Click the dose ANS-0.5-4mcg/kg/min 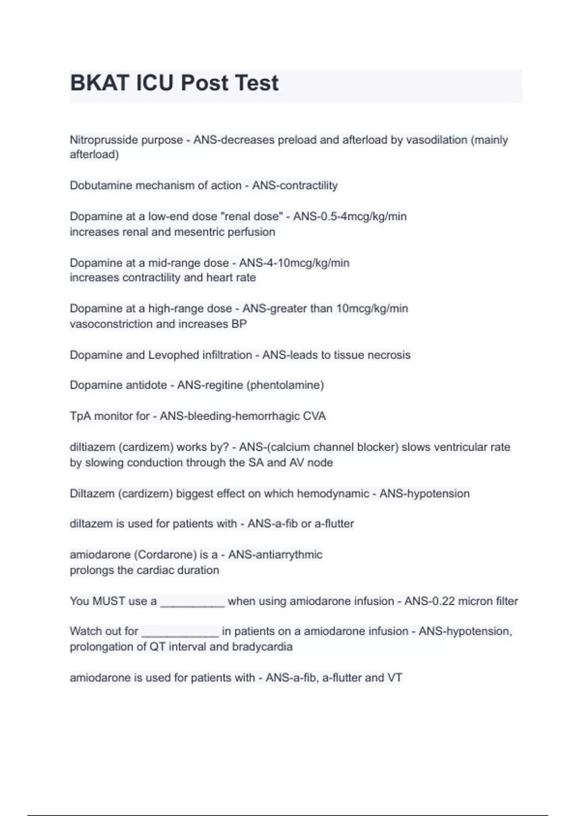pyautogui.click(x=350, y=216)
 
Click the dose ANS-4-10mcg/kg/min pyautogui.click(x=294, y=263)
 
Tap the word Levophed pyautogui.click(x=172, y=355)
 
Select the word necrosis pyautogui.click(x=389, y=355)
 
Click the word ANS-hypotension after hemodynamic pyautogui.click(x=424, y=494)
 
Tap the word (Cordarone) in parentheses pyautogui.click(x=165, y=555)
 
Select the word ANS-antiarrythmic pyautogui.click(x=275, y=555)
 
